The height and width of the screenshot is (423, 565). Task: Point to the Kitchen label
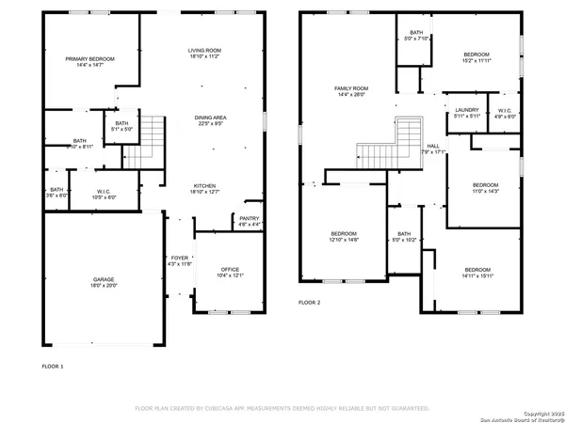point(205,185)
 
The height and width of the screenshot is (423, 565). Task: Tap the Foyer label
point(179,257)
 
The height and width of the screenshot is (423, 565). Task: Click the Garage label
point(104,280)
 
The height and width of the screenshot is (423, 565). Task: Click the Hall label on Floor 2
point(432,146)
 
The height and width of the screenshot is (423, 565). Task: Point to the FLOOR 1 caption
point(53,365)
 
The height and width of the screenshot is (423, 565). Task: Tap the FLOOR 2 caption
point(310,303)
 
